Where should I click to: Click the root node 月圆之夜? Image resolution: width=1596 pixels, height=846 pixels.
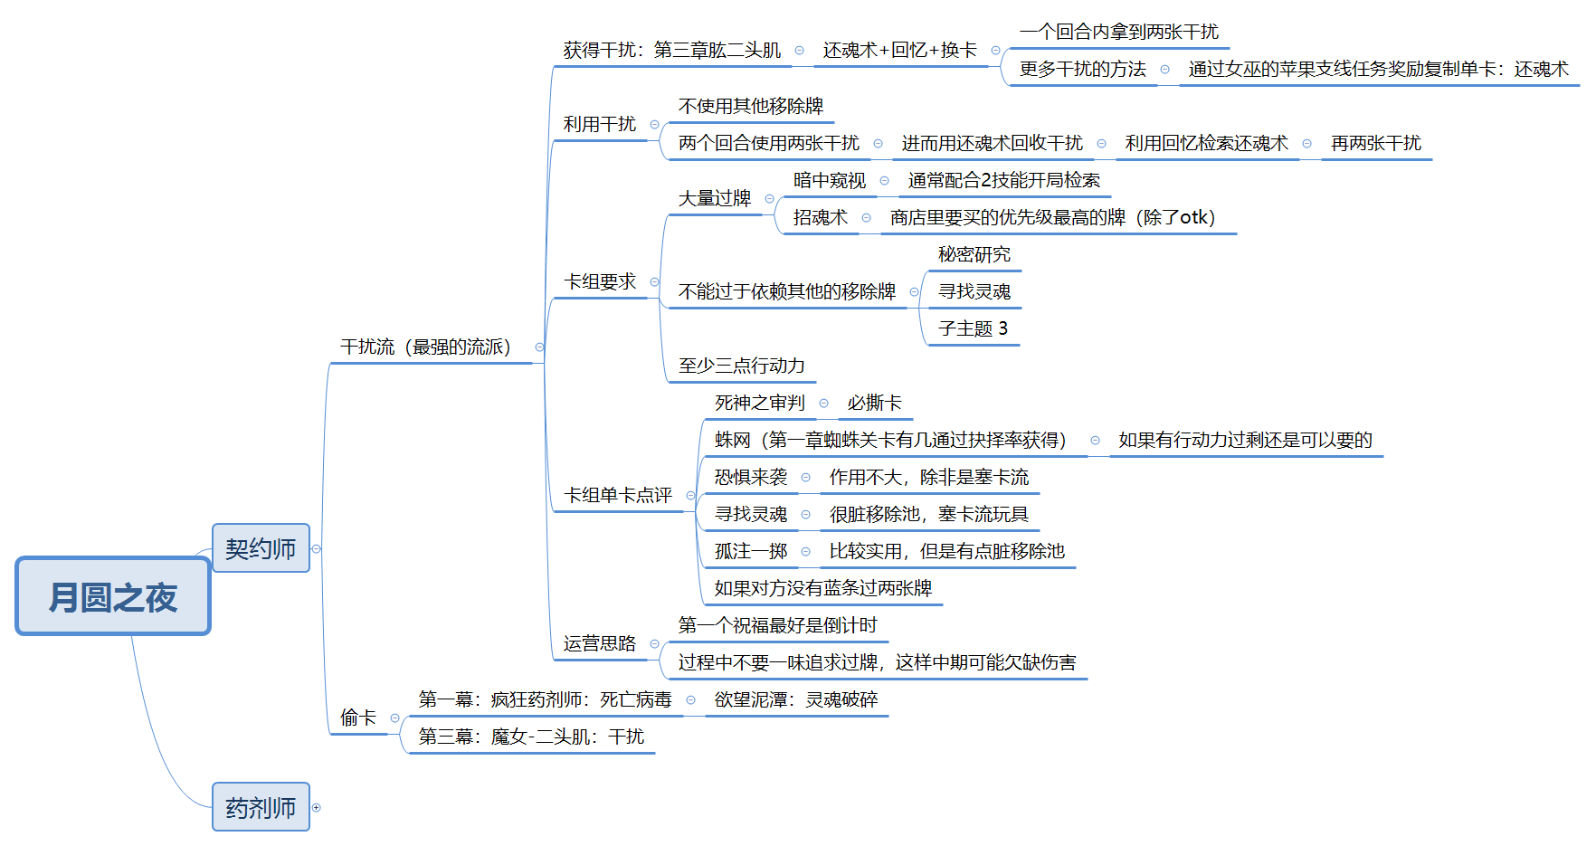click(x=113, y=596)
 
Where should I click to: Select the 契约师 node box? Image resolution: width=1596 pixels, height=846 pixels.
click(x=261, y=548)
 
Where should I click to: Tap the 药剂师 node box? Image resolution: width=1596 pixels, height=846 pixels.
click(x=261, y=807)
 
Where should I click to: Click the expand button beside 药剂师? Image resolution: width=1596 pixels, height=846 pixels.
click(x=317, y=807)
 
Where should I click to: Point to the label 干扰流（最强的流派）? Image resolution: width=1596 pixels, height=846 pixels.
click(x=425, y=347)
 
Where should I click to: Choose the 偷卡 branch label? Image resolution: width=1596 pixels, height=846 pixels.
click(x=358, y=718)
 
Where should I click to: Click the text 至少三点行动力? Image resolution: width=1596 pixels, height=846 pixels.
click(x=742, y=366)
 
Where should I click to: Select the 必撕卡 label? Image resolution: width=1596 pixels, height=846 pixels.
click(x=874, y=403)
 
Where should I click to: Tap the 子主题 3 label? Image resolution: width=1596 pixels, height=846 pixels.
click(x=973, y=328)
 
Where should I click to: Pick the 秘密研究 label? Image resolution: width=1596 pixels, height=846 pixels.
click(x=974, y=254)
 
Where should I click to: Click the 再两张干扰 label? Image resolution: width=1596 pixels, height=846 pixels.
click(x=1376, y=143)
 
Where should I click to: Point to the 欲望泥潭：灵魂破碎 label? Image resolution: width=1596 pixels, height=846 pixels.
click(x=796, y=699)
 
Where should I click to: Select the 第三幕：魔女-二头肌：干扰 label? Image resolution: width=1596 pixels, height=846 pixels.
click(x=531, y=737)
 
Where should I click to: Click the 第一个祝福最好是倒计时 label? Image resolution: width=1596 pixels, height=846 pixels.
click(x=778, y=625)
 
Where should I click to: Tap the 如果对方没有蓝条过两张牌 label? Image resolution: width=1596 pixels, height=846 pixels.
click(x=823, y=588)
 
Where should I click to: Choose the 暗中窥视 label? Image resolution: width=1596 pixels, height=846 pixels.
click(x=830, y=180)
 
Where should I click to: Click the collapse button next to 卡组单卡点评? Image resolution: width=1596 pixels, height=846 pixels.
click(x=690, y=495)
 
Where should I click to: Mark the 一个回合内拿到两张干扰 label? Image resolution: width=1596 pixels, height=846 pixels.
click(x=1119, y=32)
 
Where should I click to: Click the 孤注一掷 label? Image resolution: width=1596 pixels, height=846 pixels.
click(x=751, y=551)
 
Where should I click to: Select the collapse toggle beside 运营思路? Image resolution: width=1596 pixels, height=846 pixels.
click(x=654, y=643)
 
